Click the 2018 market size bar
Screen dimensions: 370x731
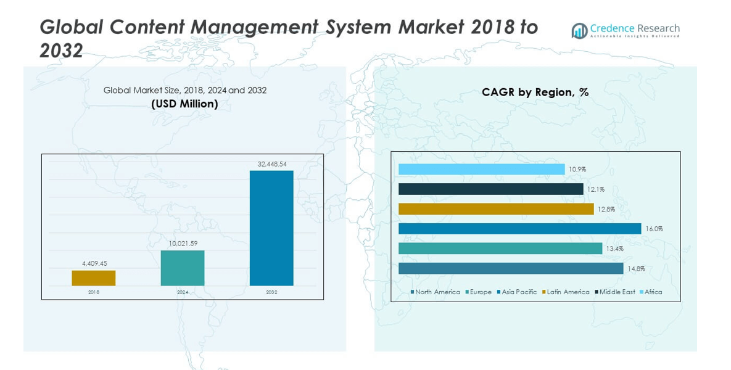point(93,277)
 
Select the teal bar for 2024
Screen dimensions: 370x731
point(182,268)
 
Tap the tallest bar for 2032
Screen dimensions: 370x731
point(271,228)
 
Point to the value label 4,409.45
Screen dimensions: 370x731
point(94,263)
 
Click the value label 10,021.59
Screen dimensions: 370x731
point(183,244)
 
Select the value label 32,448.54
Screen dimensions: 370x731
point(271,164)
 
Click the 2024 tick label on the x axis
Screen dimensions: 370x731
point(183,292)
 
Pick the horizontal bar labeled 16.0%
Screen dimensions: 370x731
point(519,229)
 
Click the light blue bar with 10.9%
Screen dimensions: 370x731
point(481,169)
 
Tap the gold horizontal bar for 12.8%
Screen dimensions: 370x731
point(496,209)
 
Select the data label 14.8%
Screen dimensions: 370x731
point(635,268)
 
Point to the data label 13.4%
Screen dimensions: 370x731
point(614,249)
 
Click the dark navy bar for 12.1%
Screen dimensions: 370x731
point(490,189)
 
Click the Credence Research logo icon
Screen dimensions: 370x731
point(579,31)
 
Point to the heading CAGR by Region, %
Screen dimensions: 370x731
point(535,92)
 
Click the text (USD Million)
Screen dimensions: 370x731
point(184,104)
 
